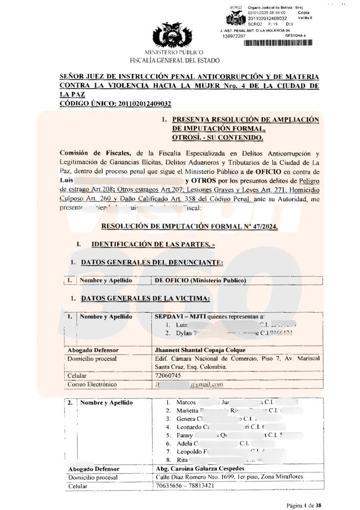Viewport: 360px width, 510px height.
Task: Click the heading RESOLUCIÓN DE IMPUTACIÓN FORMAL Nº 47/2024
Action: click(190, 227)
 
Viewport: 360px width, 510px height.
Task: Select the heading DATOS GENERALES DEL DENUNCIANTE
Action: click(152, 262)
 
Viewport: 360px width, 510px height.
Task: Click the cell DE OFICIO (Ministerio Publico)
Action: click(200, 280)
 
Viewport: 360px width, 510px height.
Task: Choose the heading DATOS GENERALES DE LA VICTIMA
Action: click(146, 298)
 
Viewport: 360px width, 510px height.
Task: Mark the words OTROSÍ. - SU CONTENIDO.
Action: click(218, 138)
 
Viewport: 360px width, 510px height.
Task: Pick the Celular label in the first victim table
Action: click(77, 376)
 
